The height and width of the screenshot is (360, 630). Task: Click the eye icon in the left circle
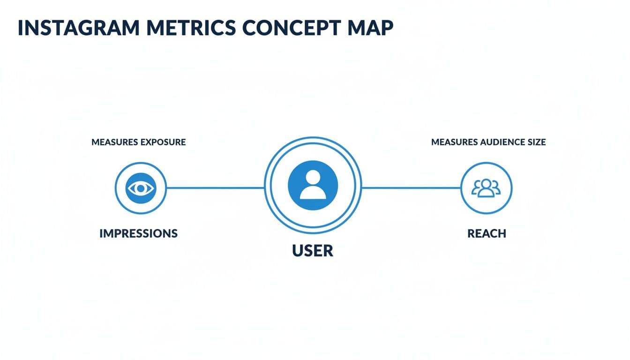pyautogui.click(x=140, y=188)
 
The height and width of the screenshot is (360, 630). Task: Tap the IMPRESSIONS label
pyautogui.click(x=138, y=233)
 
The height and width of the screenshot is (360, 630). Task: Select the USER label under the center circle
pyautogui.click(x=313, y=251)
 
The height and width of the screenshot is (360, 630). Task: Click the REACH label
pyautogui.click(x=487, y=233)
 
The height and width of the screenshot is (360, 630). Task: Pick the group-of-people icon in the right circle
pyautogui.click(x=486, y=187)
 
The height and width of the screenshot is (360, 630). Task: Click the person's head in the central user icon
pyautogui.click(x=313, y=178)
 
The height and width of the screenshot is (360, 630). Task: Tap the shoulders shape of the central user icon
pyautogui.click(x=313, y=193)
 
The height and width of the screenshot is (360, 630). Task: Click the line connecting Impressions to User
pyautogui.click(x=215, y=188)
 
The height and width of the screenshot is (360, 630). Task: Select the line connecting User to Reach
pyautogui.click(x=411, y=188)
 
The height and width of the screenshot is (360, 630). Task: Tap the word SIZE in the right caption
pyautogui.click(x=537, y=142)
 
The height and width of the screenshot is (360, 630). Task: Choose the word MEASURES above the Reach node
pyautogui.click(x=454, y=142)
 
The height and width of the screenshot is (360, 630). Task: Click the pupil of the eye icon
pyautogui.click(x=140, y=188)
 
